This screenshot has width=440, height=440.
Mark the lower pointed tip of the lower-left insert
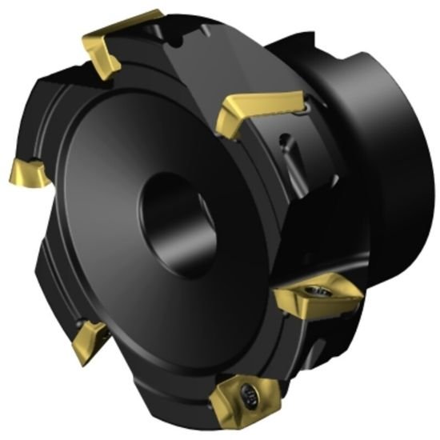click(74, 358)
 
